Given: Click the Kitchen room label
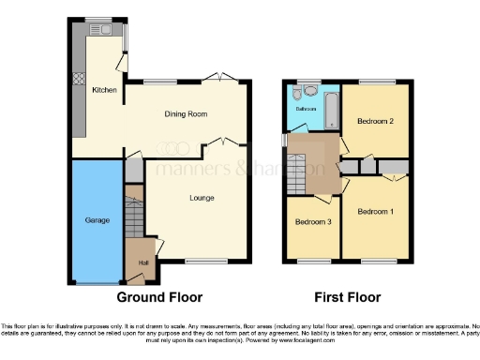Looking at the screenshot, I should pos(103,91).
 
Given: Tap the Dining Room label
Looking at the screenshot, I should pos(186,114).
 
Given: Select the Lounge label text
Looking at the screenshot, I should pos(202,198).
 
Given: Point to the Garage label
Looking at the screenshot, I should pos(97,220).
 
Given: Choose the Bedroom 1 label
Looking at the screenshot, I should pos(375,213).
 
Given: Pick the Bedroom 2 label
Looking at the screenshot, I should pos(376,121).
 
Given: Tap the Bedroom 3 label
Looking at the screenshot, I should pos(312,222).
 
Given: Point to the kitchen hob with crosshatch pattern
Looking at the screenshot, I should pos(77,80).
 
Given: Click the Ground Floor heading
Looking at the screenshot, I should pos(159,298).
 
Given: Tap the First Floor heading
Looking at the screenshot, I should pos(348,298).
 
